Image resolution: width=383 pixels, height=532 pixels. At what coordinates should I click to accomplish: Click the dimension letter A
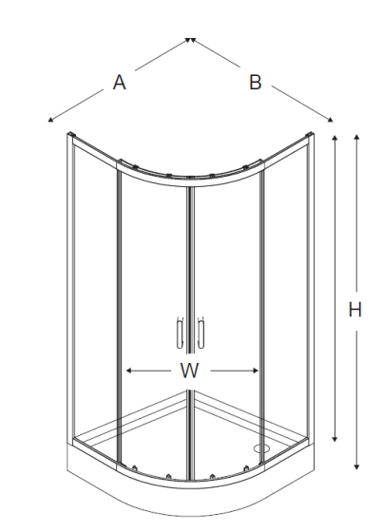[x=119, y=83]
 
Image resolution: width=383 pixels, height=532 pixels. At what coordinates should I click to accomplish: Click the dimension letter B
[x=256, y=82]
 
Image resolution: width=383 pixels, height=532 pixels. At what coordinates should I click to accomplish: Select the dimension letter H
[x=355, y=310]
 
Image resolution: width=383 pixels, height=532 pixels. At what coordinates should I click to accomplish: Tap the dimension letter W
[x=189, y=370]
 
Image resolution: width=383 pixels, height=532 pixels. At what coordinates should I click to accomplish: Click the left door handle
[x=180, y=332]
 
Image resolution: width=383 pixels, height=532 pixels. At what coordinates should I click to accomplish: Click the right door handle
[x=201, y=332]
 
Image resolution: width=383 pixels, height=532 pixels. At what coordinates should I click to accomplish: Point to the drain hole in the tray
[x=261, y=448]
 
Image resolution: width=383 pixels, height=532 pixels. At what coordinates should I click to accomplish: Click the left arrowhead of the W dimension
[x=128, y=370]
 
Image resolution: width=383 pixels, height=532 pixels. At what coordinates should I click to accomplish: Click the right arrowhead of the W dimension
[x=256, y=370]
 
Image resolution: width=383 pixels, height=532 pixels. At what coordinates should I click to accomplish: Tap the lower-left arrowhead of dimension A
[x=50, y=119]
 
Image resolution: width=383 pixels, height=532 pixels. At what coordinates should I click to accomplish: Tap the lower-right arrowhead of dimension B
[x=330, y=119]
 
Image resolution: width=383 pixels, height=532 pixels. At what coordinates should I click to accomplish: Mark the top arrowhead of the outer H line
[x=356, y=137]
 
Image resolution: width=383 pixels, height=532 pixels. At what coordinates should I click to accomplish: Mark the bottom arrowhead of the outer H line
[x=356, y=466]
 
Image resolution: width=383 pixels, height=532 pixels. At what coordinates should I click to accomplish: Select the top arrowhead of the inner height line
[x=335, y=138]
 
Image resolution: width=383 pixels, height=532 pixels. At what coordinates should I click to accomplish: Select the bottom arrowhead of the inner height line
[x=335, y=439]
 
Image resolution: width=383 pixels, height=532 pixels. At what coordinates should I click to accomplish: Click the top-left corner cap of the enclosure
[x=71, y=134]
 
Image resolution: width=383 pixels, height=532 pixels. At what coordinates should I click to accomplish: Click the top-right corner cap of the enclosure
[x=310, y=135]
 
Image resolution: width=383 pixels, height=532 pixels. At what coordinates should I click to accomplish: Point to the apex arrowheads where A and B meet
[x=190, y=40]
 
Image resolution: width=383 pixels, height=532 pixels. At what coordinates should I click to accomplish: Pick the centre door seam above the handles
[x=191, y=251]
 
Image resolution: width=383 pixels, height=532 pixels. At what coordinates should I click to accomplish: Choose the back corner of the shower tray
[x=191, y=391]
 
